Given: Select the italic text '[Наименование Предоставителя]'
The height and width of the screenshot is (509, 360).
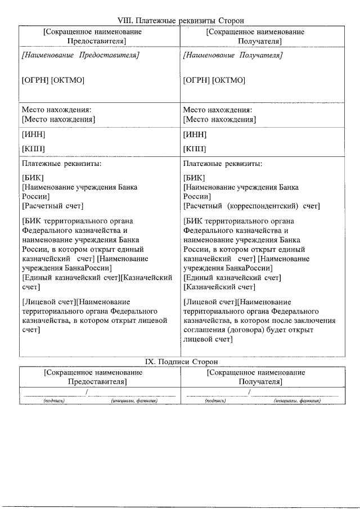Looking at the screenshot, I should [80, 56].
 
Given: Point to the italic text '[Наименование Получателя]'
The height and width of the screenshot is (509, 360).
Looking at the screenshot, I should [233, 56].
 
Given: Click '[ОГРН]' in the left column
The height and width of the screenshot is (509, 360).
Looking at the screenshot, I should [35, 80].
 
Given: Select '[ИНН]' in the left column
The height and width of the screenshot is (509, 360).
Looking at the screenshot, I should [33, 134].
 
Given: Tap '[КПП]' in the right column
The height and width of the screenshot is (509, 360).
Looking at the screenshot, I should [195, 149].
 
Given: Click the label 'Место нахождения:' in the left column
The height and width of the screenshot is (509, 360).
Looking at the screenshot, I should [56, 110].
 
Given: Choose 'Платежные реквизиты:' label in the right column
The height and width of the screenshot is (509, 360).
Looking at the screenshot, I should [223, 164].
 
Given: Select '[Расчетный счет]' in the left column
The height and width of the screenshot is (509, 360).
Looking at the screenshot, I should [52, 206].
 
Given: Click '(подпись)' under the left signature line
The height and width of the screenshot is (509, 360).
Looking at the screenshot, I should [55, 401].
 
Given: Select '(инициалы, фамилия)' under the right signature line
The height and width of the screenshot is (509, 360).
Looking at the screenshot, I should [297, 401].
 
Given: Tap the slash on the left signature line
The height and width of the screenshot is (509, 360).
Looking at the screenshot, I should [87, 391].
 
